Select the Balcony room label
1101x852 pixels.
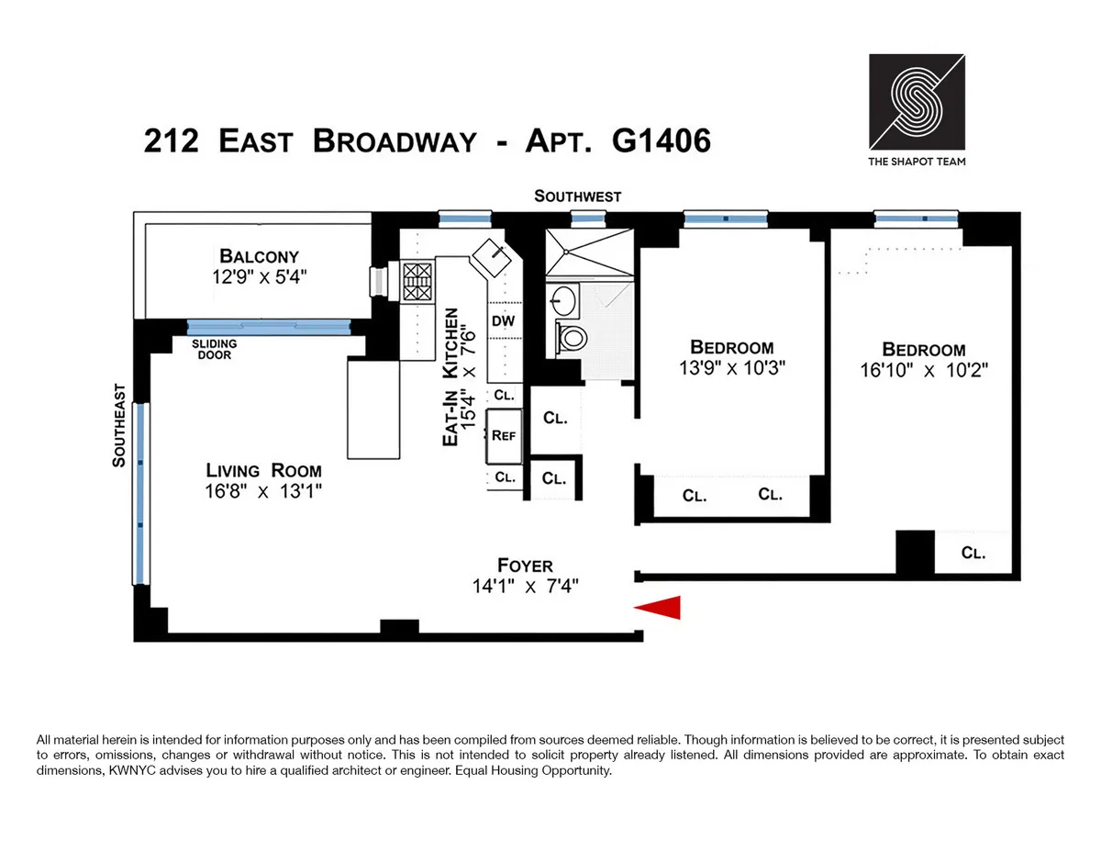[x=258, y=256]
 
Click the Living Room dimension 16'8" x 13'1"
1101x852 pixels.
[x=264, y=491]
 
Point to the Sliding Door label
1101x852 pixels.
[x=215, y=349]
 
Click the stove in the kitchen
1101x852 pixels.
[x=417, y=282]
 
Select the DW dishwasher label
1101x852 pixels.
[x=503, y=321]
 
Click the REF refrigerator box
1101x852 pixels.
[x=504, y=436]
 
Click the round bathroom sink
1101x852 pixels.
[x=562, y=298]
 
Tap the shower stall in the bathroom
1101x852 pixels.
[x=588, y=252]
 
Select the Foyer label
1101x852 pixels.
[x=525, y=566]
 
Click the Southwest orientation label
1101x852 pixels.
[x=578, y=196]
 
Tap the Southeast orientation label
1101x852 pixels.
[x=118, y=426]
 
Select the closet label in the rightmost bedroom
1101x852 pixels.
[x=973, y=553]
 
